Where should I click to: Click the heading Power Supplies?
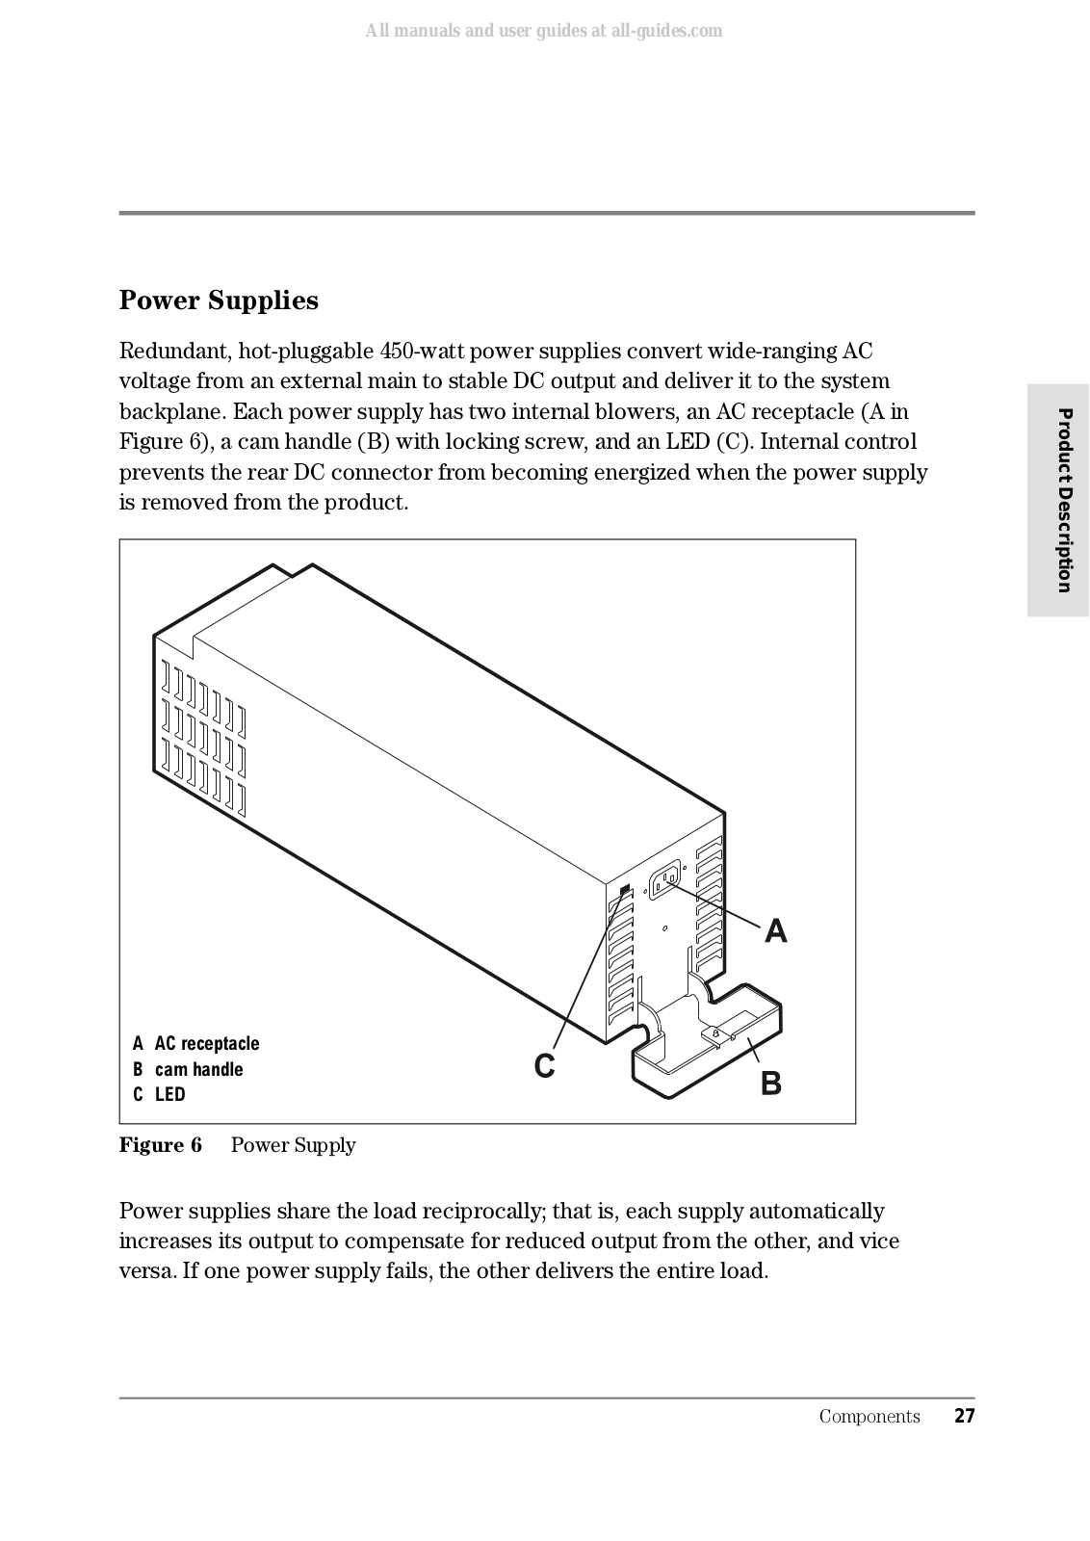[x=219, y=300]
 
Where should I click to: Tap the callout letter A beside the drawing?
[x=775, y=931]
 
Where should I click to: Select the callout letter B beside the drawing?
[x=770, y=1084]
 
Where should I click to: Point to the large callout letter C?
[x=544, y=1066]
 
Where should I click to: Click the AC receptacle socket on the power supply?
[x=665, y=880]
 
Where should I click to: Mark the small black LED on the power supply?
[x=625, y=889]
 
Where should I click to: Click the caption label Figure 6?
[x=161, y=1145]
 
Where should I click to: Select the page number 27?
[x=964, y=1416]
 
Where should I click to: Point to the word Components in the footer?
[x=869, y=1416]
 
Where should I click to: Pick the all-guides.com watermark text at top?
[x=544, y=31]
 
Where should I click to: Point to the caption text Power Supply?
[x=293, y=1145]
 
